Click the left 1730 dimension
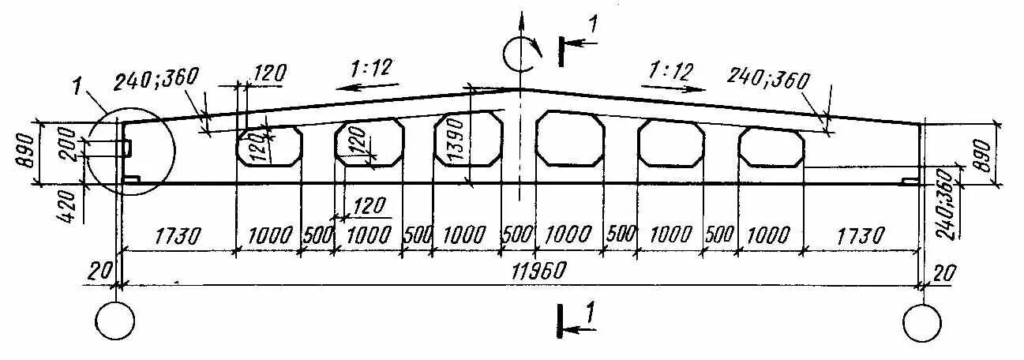pyautogui.click(x=178, y=235)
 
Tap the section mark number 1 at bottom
pyautogui.click(x=588, y=313)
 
